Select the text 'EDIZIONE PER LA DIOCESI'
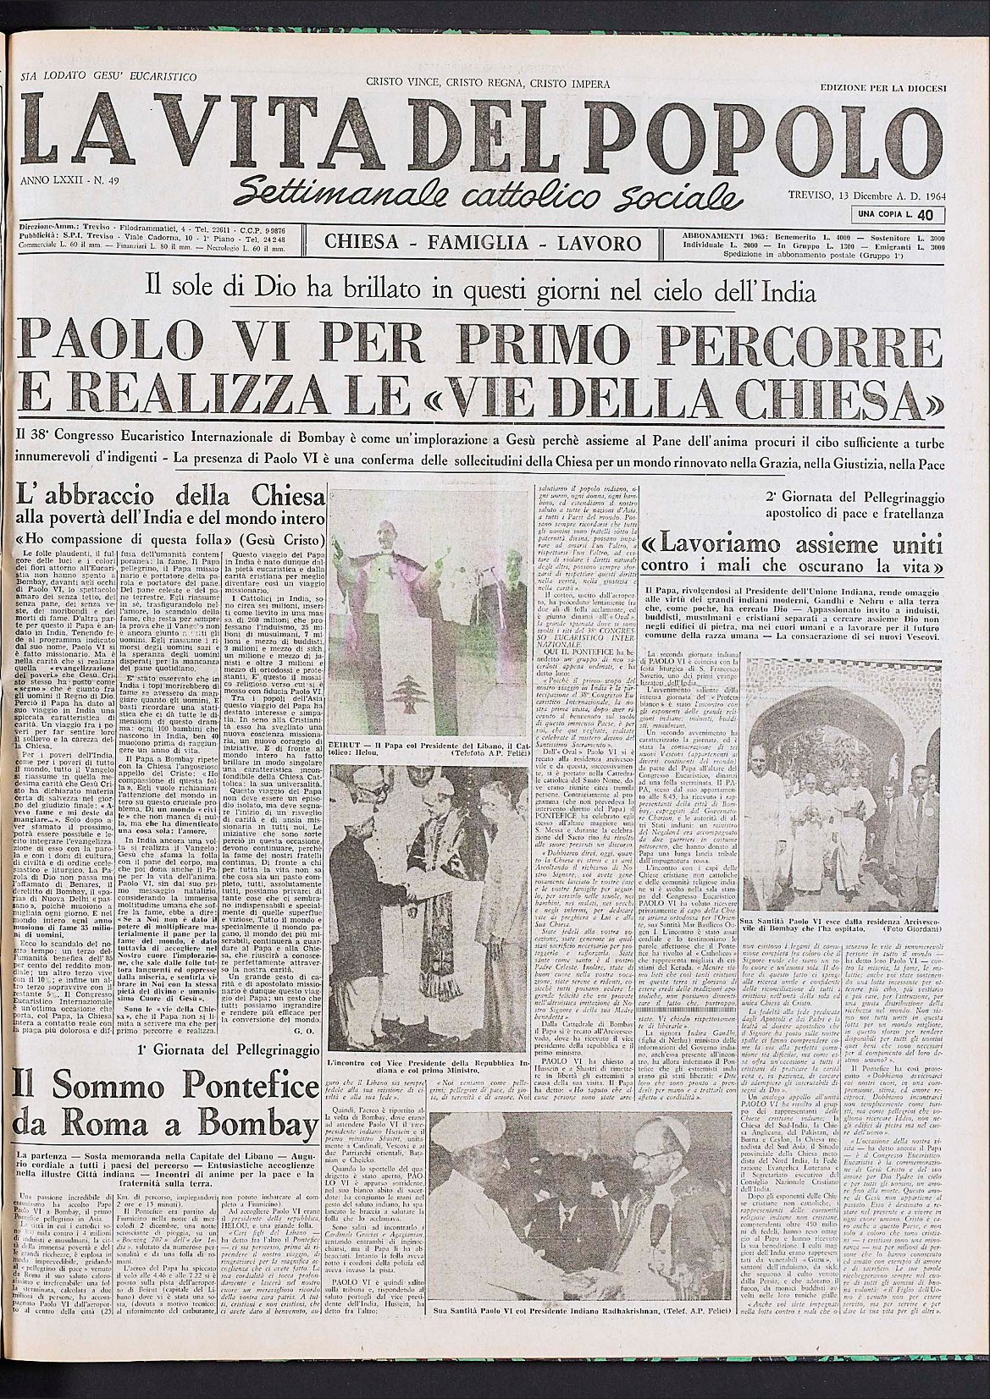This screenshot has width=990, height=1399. tap(882, 88)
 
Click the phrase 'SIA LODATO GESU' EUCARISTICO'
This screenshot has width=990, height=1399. tap(108, 76)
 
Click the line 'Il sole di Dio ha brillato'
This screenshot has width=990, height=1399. tap(480, 293)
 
